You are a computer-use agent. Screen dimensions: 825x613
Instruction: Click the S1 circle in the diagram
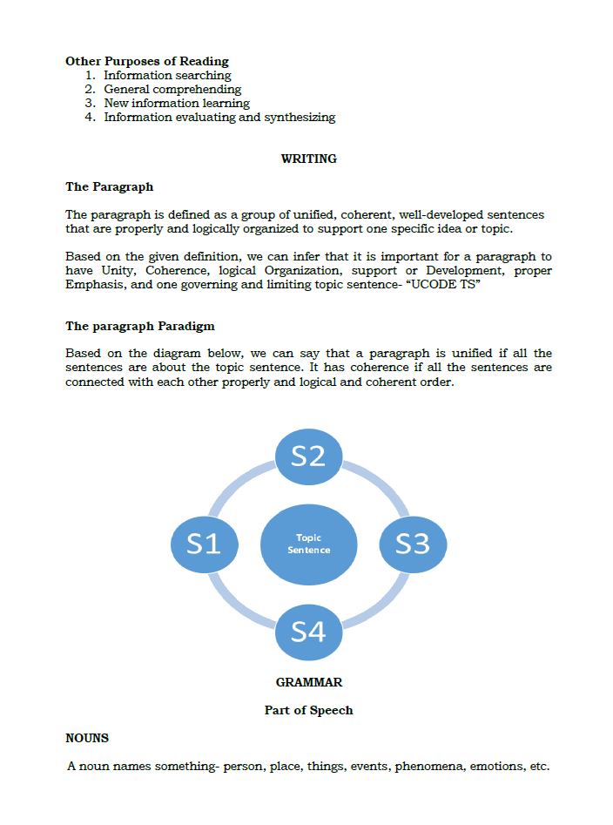pos(204,544)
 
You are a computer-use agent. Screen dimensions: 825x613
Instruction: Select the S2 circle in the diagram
pos(308,455)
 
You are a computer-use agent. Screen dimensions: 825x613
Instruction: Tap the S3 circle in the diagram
pos(413,544)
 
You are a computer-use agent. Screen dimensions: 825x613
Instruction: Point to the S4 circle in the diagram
pos(308,631)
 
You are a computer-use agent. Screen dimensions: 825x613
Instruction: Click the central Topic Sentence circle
pos(308,544)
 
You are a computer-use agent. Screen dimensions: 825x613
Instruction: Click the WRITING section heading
pos(308,159)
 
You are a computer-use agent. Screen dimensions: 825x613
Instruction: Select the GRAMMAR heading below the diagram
pos(308,682)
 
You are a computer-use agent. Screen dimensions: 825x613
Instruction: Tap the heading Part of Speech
pos(308,710)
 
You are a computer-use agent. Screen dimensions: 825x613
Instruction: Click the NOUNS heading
pos(87,738)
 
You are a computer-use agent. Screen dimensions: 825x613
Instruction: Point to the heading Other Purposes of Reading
pos(147,61)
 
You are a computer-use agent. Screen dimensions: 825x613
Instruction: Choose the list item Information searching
pos(167,76)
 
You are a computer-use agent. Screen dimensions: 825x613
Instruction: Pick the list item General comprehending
pos(172,90)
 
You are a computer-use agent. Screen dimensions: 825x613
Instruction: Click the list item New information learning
pos(177,104)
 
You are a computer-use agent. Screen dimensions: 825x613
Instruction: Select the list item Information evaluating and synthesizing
pos(219,118)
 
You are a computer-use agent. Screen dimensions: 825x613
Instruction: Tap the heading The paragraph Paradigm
pos(140,326)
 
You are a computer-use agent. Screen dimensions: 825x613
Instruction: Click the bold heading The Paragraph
pos(109,186)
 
